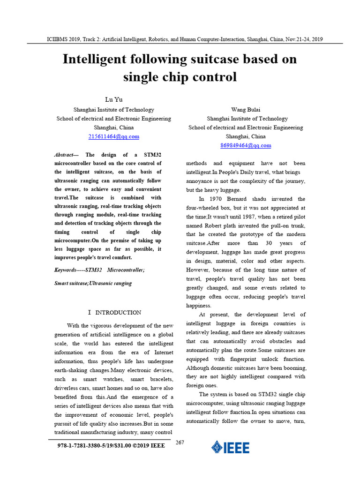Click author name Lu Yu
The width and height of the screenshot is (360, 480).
tap(114, 100)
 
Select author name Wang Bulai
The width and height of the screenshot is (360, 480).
tap(246, 110)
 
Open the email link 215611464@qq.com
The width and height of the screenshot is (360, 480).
tap(114, 136)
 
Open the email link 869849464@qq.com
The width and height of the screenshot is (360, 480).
tap(246, 145)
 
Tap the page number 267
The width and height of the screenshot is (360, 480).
tap(180, 442)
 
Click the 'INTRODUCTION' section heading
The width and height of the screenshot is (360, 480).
tap(118, 312)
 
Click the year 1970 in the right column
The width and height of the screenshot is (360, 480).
tap(213, 199)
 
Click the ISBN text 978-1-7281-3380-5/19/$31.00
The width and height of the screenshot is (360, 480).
tap(90, 445)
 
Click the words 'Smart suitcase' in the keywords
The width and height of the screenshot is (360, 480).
tap(70, 283)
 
